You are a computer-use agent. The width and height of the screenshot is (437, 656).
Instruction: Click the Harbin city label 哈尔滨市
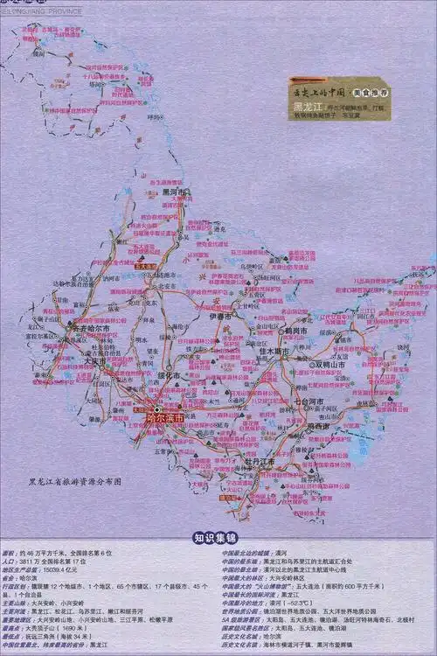pyautogui.click(x=165, y=418)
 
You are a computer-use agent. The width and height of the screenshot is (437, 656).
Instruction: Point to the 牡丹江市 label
pyautogui.click(x=260, y=460)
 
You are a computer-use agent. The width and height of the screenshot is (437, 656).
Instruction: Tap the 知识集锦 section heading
pyautogui.click(x=218, y=538)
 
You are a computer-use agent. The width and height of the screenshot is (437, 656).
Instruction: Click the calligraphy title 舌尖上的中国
pyautogui.click(x=319, y=92)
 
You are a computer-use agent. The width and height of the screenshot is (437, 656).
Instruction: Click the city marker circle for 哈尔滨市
pyautogui.click(x=157, y=408)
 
